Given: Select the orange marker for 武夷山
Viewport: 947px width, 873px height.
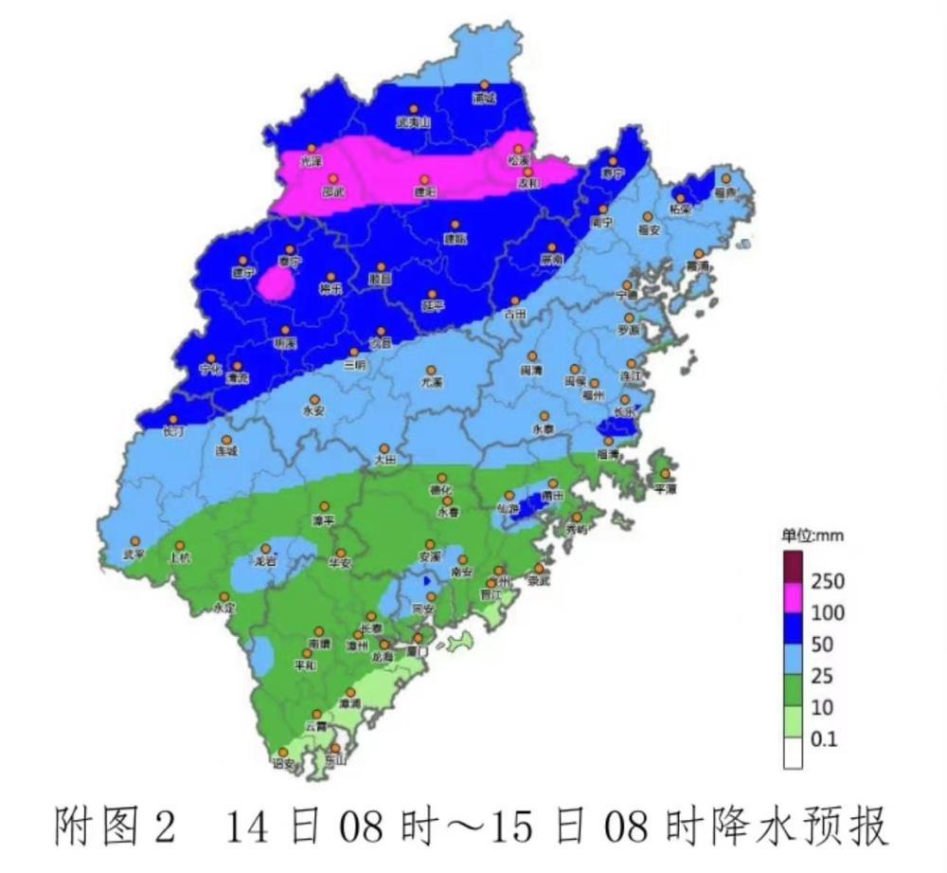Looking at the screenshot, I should [414, 110].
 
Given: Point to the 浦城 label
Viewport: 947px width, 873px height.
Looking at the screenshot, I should [484, 98].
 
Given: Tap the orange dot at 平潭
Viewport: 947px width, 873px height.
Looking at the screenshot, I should [666, 474].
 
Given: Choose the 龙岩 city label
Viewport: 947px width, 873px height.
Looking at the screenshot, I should [264, 561].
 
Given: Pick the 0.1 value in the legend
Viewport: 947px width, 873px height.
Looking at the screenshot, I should [825, 739].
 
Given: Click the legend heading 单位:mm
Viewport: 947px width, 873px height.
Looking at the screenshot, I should [812, 536].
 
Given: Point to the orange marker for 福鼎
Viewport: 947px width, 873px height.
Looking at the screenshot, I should [725, 178].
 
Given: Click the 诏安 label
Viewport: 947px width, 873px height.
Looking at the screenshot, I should [283, 762].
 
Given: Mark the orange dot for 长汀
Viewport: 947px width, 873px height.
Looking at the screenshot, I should [173, 420].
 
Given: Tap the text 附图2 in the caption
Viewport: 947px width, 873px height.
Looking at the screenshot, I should [115, 828].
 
